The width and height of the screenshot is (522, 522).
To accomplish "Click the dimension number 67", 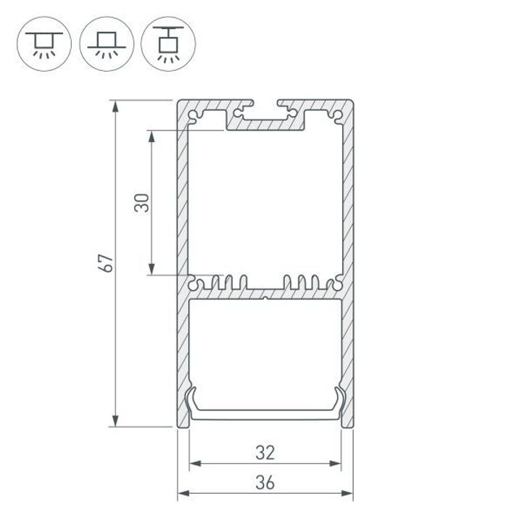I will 107,264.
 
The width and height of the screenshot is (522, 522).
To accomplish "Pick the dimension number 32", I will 265,453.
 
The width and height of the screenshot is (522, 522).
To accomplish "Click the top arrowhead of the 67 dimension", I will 115,107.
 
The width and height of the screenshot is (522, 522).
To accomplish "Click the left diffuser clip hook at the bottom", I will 193,397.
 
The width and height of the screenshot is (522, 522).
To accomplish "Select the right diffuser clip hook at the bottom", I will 338,397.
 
